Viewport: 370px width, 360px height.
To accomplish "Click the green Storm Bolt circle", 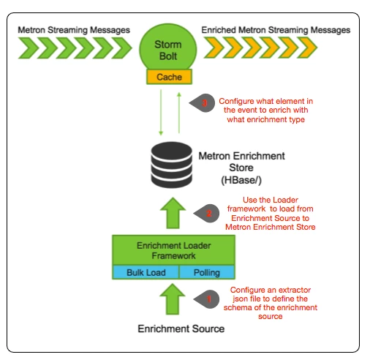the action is click(x=168, y=48).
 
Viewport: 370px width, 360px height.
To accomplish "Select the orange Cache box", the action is click(x=169, y=77).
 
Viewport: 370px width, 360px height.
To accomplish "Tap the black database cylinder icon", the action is click(x=172, y=165).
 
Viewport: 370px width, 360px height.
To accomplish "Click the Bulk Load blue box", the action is click(x=146, y=272).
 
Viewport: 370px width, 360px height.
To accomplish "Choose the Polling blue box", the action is click(x=207, y=272).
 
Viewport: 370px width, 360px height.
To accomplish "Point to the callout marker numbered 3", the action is click(x=203, y=103).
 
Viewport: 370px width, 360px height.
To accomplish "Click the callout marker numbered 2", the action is click(x=207, y=214).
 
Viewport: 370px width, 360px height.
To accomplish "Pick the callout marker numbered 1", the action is click(x=207, y=299).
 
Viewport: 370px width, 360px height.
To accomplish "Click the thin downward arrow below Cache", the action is click(x=161, y=112).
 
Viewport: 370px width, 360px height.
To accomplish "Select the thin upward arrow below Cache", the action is click(x=179, y=113).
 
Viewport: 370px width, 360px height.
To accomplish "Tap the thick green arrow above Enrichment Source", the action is click(x=173, y=299).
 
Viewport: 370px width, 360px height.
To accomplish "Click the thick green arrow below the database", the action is click(x=173, y=213).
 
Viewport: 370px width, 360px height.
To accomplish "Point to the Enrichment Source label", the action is click(x=181, y=329).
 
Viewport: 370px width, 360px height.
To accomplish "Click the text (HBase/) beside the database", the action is click(x=241, y=180).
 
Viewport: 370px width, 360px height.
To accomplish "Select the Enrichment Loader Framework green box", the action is click(x=173, y=250).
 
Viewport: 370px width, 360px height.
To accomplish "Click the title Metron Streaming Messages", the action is click(x=74, y=30).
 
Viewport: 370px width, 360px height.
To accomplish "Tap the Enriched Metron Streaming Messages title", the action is click(x=276, y=30).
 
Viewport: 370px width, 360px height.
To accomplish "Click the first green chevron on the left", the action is click(x=29, y=48).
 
